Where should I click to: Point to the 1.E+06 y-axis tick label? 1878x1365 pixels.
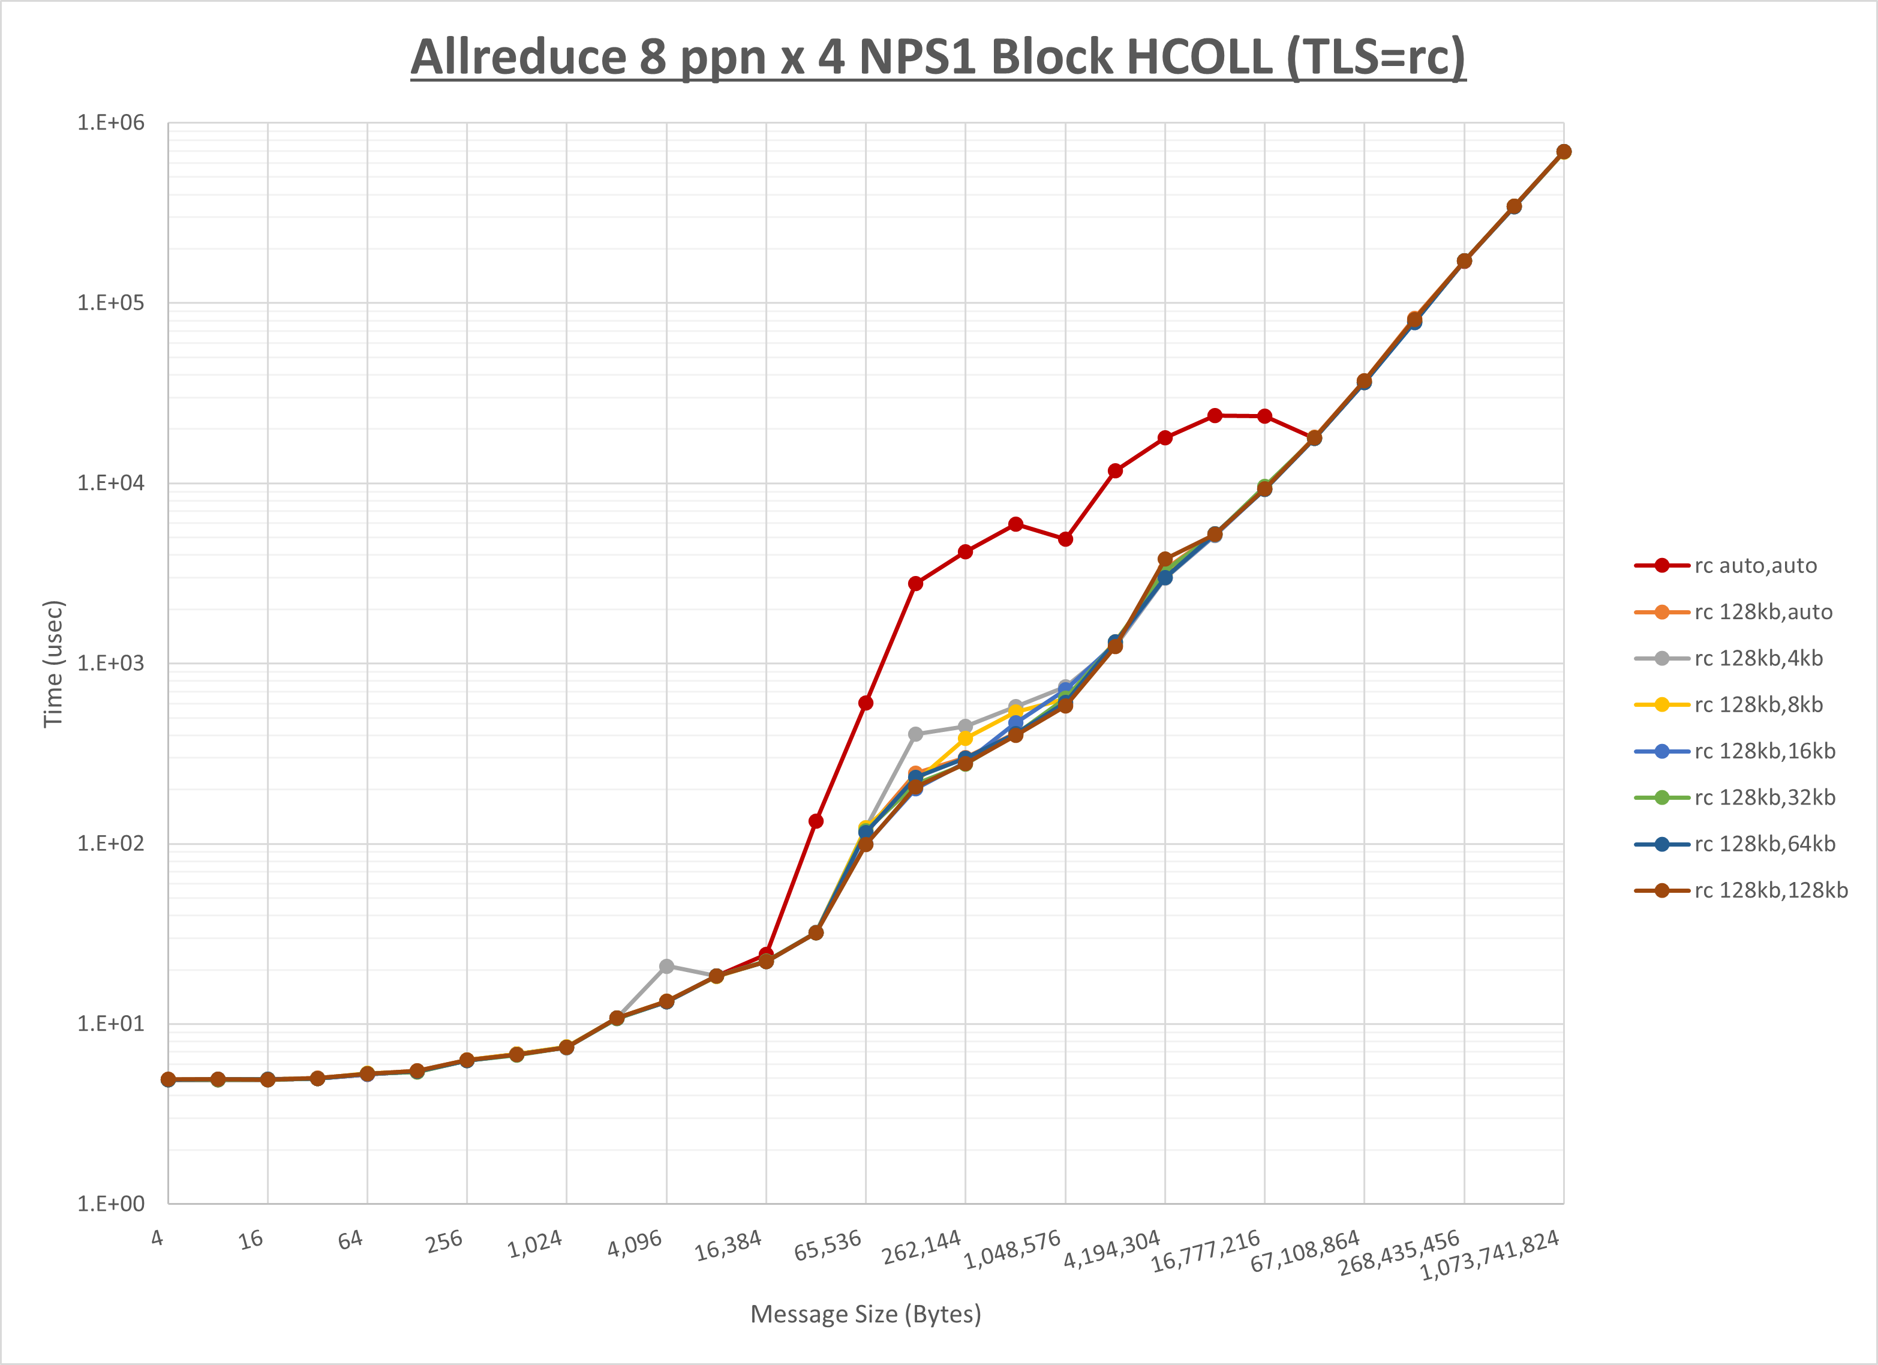pyautogui.click(x=110, y=122)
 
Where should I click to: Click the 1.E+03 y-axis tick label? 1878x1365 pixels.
pyautogui.click(x=110, y=664)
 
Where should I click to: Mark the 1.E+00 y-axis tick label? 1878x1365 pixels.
pyautogui.click(x=110, y=1204)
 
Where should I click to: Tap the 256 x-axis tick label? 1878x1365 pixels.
pyautogui.click(x=444, y=1241)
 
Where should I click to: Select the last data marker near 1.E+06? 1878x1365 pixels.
pyautogui.click(x=1563, y=152)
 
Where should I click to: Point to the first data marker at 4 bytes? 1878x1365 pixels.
pyautogui.click(x=168, y=1079)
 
